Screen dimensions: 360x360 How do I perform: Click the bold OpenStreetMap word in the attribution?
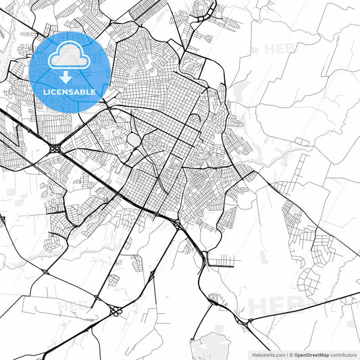point(311,355)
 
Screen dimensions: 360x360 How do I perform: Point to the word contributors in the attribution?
point(343,355)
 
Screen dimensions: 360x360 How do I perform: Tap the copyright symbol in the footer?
point(289,355)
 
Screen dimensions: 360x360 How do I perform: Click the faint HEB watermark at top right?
point(280,49)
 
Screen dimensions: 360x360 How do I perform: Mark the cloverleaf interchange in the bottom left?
point(115,311)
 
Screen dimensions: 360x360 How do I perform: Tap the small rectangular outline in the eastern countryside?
point(301,140)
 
